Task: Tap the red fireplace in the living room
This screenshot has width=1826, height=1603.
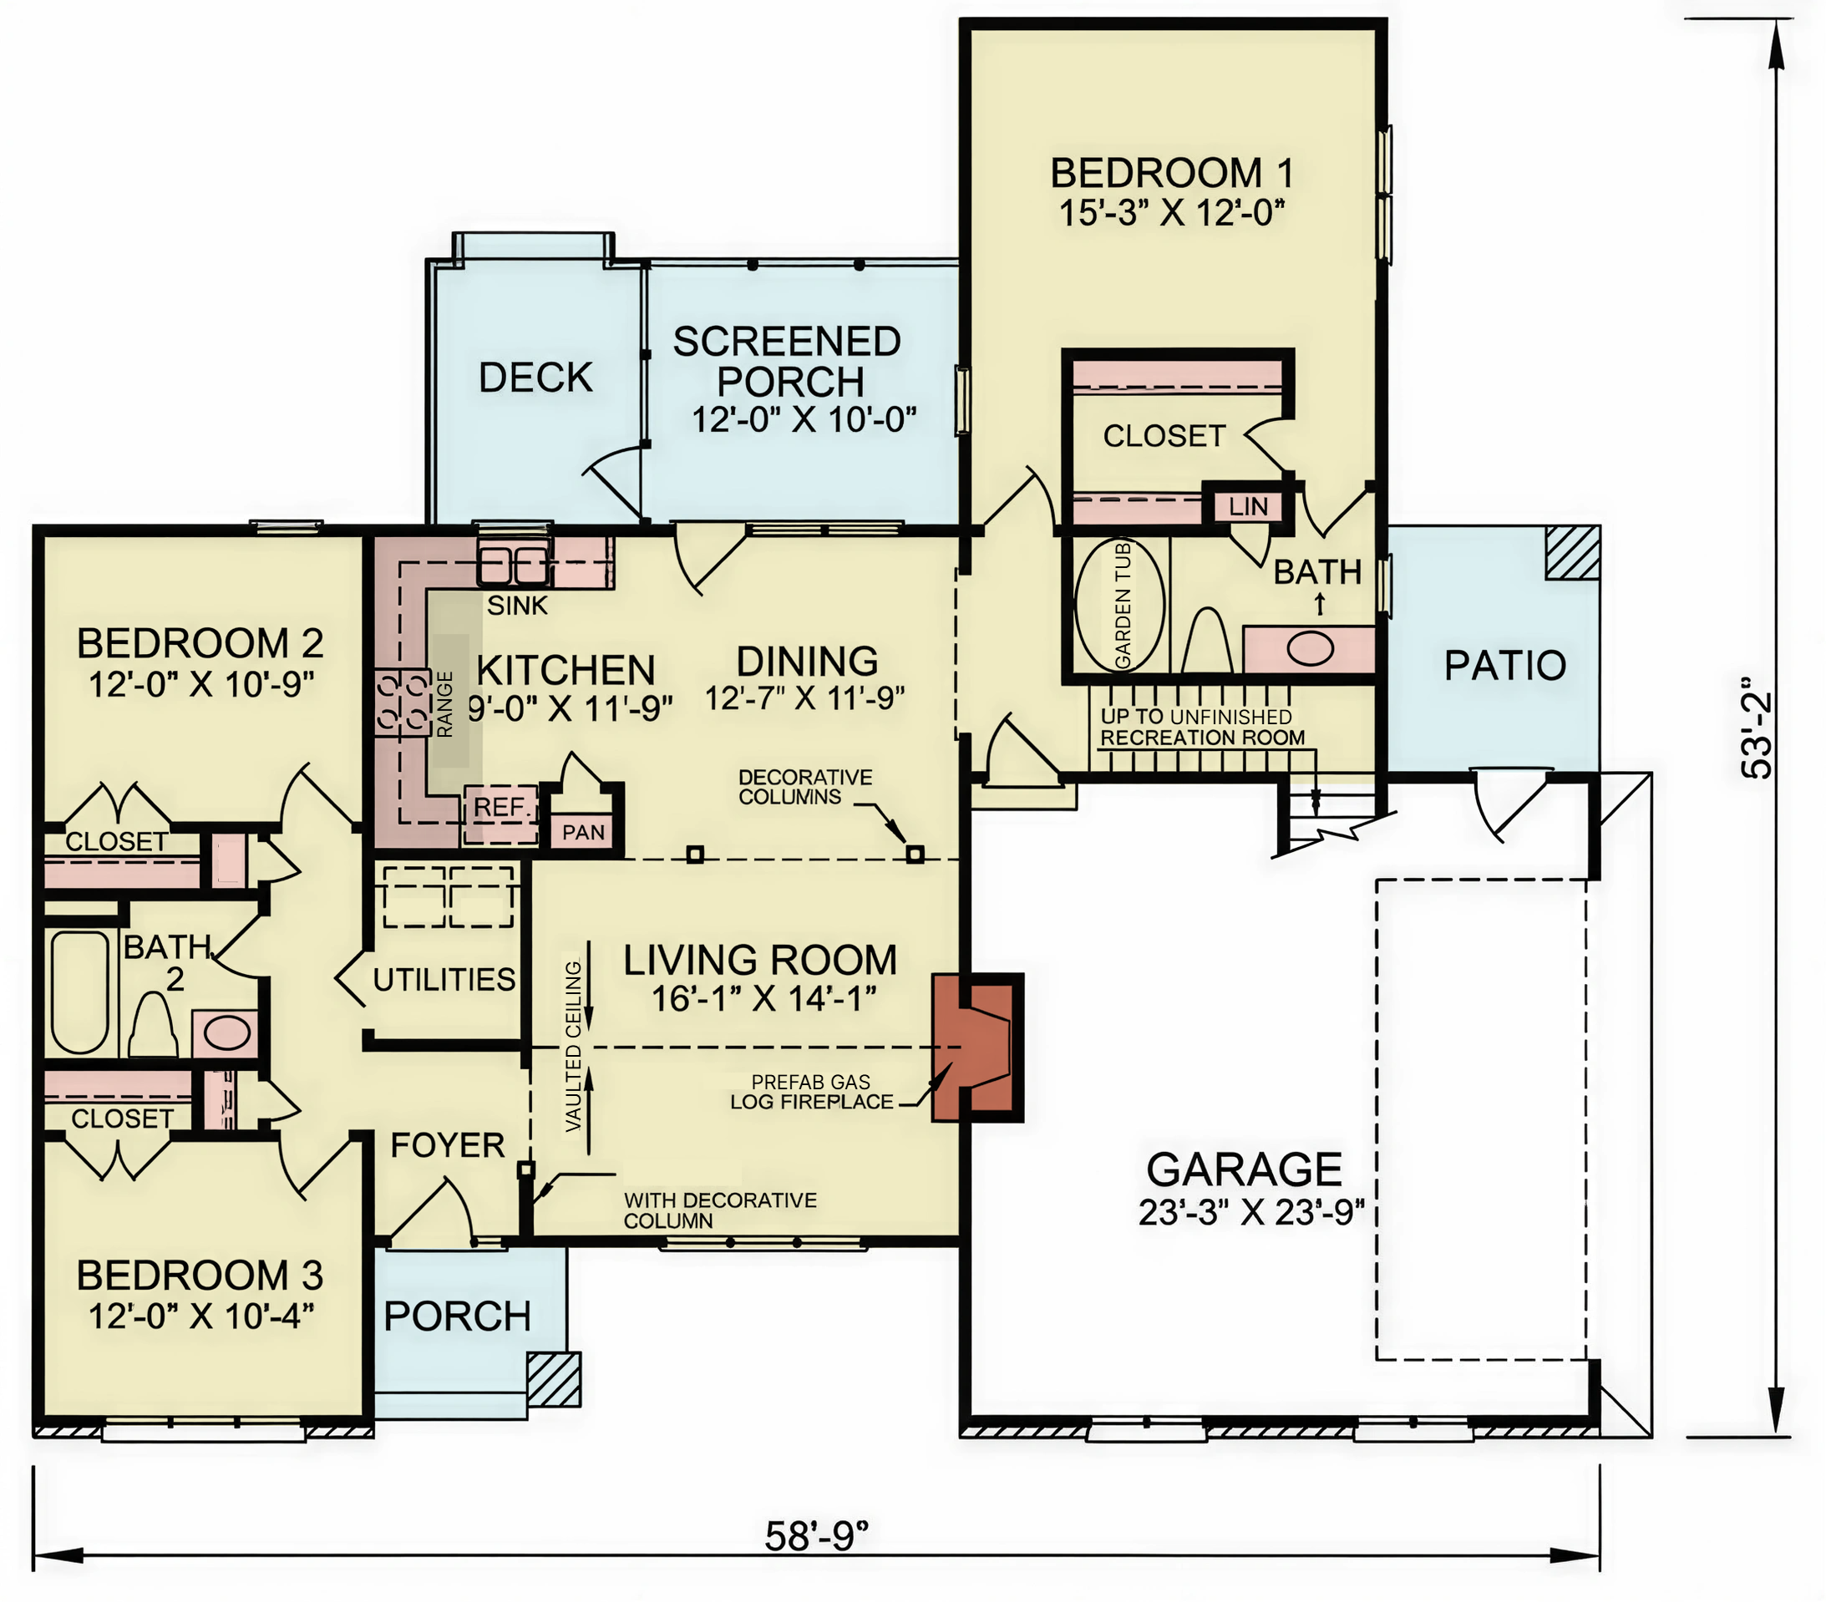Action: click(977, 1047)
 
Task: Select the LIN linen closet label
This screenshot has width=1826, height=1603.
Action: click(1247, 507)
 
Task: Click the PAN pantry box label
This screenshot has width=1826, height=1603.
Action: click(583, 832)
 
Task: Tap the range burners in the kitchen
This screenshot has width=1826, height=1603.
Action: click(403, 703)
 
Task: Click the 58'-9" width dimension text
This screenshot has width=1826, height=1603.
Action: click(816, 1536)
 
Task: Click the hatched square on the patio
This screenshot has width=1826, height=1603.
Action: click(1572, 552)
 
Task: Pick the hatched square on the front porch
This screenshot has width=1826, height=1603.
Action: click(554, 1380)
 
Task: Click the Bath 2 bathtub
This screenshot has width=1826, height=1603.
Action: click(79, 992)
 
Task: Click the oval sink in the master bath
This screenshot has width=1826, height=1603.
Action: click(1310, 648)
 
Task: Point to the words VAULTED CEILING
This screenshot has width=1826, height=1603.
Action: click(573, 1047)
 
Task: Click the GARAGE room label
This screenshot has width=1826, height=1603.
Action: click(1244, 1169)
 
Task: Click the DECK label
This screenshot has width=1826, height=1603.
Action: click(535, 377)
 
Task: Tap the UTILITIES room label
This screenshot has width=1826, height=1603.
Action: click(444, 980)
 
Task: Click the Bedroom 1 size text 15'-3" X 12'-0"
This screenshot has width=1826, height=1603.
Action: click(1172, 214)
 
